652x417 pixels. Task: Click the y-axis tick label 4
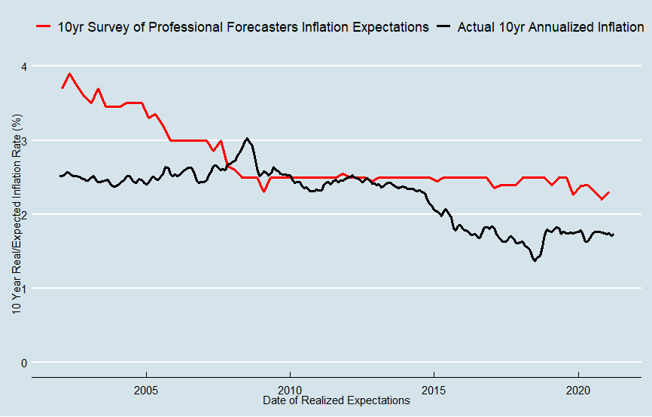(23, 67)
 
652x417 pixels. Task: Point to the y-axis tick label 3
(23, 141)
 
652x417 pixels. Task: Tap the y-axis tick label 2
(23, 215)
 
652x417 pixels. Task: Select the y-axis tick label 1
(23, 289)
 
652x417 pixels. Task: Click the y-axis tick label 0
(23, 363)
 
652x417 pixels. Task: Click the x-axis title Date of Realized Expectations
(337, 400)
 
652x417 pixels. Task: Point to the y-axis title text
(17, 215)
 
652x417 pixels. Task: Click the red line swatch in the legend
(43, 27)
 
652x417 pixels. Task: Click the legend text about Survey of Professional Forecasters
(243, 27)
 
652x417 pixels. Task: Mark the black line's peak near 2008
(247, 139)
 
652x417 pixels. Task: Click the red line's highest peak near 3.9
(69, 74)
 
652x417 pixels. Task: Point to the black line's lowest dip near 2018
(535, 260)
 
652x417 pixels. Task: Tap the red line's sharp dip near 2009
(264, 192)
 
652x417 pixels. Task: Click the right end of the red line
(608, 192)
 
